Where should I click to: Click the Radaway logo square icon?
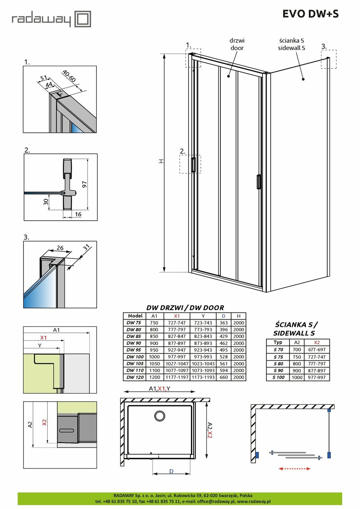[x=84, y=18]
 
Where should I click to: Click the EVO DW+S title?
[x=310, y=14]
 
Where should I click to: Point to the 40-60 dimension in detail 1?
[x=69, y=76]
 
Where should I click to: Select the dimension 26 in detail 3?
[x=60, y=248]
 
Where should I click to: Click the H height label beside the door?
[x=160, y=161]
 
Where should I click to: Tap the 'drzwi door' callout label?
[x=236, y=44]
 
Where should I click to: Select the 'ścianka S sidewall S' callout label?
[x=292, y=44]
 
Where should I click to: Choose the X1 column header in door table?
[x=177, y=316]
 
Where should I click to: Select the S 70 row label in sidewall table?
[x=278, y=350]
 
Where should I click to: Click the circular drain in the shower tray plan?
[x=160, y=416]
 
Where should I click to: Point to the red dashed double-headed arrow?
[x=295, y=469]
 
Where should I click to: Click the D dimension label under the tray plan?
[x=171, y=471]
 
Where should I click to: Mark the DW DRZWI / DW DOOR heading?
[x=185, y=307]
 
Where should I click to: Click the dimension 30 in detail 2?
[x=47, y=202]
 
